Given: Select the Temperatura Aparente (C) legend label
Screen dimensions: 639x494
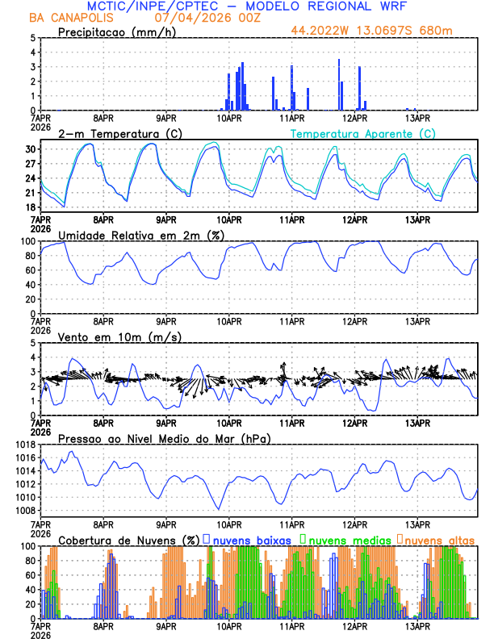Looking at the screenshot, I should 363,133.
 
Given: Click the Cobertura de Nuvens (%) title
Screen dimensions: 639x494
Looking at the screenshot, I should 129,540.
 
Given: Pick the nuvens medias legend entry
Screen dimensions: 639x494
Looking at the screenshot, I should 347,540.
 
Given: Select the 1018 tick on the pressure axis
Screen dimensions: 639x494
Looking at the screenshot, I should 23,445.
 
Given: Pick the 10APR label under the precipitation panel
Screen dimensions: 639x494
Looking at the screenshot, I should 229,118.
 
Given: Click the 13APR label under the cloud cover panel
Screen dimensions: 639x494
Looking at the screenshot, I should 418,626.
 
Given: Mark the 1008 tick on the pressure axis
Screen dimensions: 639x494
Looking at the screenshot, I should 23,510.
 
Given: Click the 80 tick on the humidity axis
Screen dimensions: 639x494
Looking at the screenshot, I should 29,256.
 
